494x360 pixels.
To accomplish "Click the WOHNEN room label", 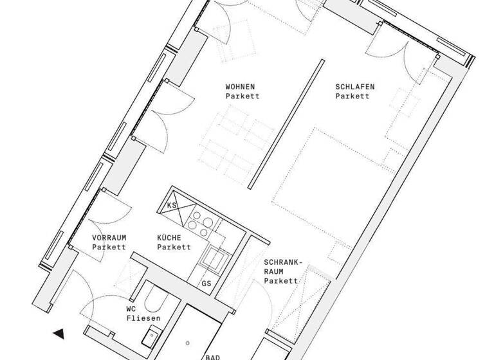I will click(x=240, y=87).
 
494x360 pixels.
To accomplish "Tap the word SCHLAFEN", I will click(x=354, y=87).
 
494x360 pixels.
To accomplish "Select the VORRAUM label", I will click(x=109, y=237).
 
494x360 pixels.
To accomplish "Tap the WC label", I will click(x=131, y=309).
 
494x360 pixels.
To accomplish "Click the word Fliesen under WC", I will click(x=143, y=318).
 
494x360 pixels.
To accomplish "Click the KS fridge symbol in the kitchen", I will click(x=172, y=205).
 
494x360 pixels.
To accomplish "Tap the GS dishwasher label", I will click(x=206, y=283).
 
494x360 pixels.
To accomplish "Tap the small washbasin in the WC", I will click(x=153, y=334).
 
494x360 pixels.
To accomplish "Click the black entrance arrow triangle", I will click(x=59, y=333).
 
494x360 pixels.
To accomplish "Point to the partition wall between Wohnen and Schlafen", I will click(x=286, y=122).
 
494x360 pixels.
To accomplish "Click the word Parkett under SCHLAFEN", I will click(x=352, y=96).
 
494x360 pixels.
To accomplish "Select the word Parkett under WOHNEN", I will click(x=242, y=96).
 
